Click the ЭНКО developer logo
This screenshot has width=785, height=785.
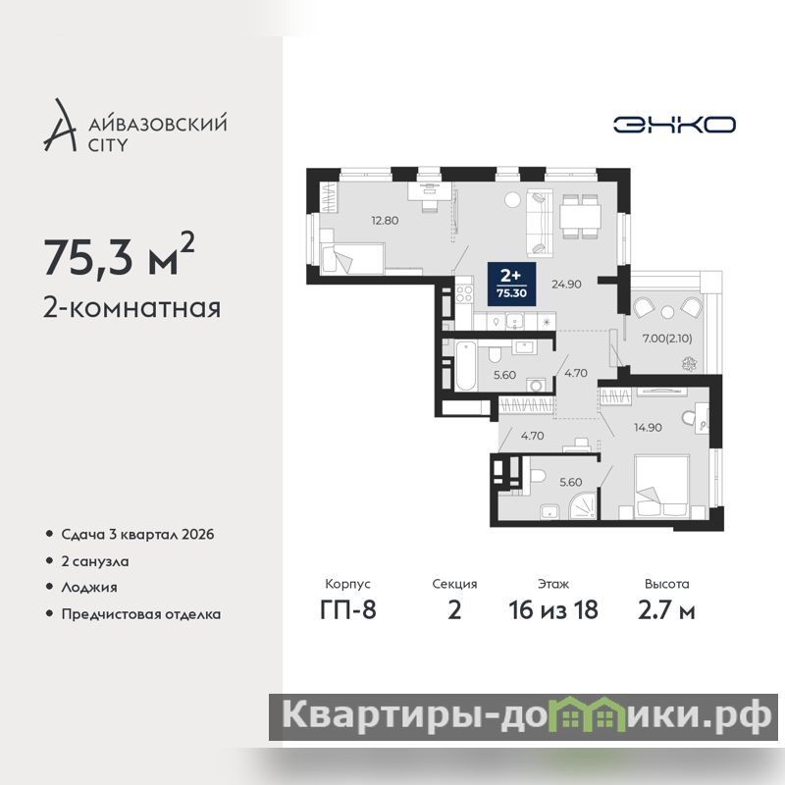pos(674,125)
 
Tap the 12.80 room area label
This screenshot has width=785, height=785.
pos(385,220)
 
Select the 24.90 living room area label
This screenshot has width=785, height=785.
pos(566,285)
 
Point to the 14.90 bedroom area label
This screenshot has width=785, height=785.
pos(648,428)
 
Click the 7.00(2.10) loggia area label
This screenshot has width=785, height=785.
pos(667,339)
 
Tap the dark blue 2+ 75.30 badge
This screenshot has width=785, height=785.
pos(511,284)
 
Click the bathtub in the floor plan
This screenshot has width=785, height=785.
pos(465,365)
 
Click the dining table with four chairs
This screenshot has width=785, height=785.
pos(580,216)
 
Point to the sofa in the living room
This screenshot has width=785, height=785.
pos(539,224)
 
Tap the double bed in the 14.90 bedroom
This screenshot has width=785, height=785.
pos(661,486)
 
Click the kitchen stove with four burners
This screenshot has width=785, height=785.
pos(464,293)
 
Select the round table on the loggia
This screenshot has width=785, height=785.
pos(667,312)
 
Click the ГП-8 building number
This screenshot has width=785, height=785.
pos(348,610)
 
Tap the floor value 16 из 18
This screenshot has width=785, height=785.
pos(553,610)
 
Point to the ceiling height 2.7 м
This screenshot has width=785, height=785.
pos(666,610)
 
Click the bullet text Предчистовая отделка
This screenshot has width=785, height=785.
pos(140,614)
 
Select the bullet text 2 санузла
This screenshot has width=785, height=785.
pos(94,561)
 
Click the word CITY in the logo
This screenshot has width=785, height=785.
pos(108,145)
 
